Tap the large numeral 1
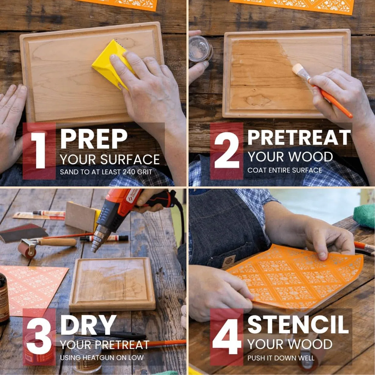[x=39, y=150]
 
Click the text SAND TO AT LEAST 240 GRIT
[x=106, y=172]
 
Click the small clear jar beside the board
[x=200, y=49]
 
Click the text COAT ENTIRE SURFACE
[x=285, y=171]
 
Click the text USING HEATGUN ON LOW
[x=102, y=358]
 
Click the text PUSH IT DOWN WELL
[x=281, y=358]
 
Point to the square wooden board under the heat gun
[x=112, y=286]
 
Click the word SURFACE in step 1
[x=130, y=159]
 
